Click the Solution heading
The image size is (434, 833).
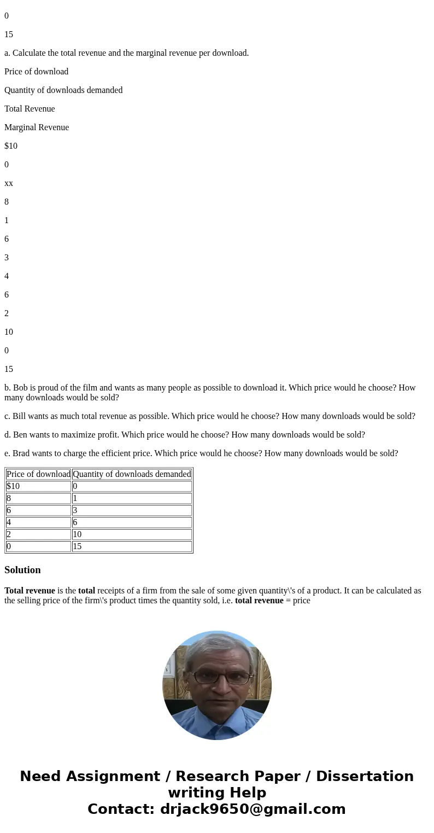pos(22,570)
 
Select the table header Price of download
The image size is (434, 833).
pos(38,474)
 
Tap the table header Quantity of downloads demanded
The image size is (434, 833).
pos(132,474)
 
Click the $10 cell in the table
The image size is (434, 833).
pos(13,486)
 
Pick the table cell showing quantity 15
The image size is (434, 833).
pos(77,546)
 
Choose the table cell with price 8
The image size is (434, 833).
pos(9,498)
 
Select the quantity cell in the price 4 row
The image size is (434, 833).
pos(75,522)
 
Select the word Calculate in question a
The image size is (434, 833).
pos(31,53)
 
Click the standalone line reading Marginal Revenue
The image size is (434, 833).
pos(37,127)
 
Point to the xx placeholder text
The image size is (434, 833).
pos(9,183)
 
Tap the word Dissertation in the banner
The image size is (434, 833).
pos(365,777)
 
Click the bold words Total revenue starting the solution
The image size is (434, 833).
pos(30,591)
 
